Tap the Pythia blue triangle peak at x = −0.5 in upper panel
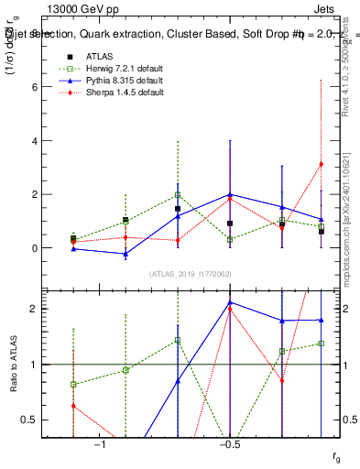tap(230, 194)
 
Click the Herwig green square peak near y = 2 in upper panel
tap(178, 194)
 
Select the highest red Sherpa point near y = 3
tap(321, 164)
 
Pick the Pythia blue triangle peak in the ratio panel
tap(230, 302)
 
